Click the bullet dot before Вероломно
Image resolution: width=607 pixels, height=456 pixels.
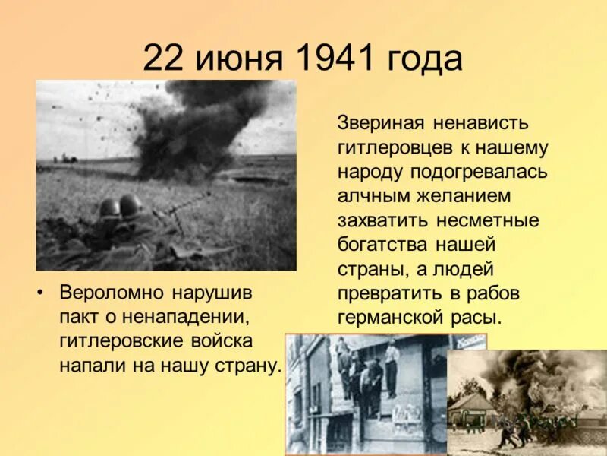pos(45,293)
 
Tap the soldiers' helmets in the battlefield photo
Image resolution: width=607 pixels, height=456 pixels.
pos(120,206)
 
